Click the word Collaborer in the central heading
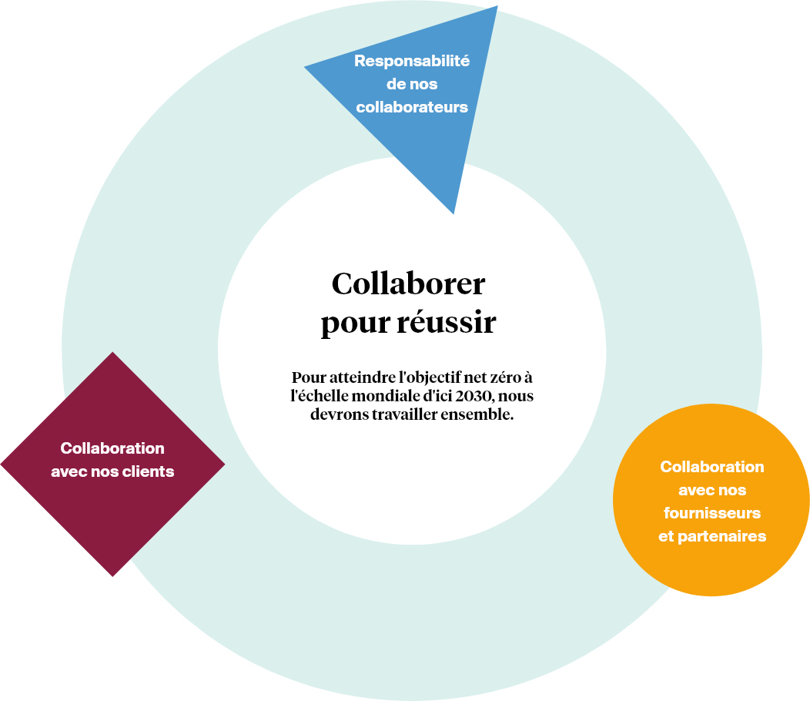408,284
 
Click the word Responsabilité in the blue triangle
412,61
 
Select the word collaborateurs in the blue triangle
412,107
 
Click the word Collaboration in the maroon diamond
112,448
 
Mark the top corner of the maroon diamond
113,354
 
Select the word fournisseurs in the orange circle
712,512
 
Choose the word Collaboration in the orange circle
712,467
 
